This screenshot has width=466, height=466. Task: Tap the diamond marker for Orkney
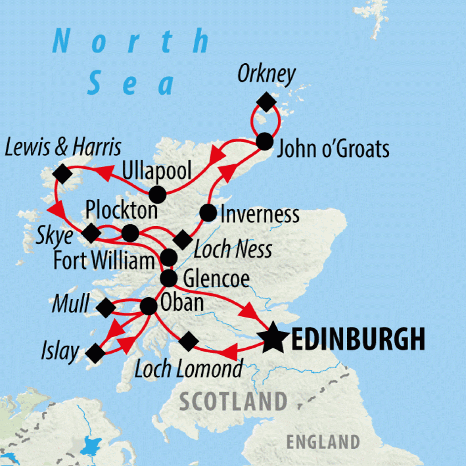266,101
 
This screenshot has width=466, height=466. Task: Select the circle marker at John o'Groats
264,142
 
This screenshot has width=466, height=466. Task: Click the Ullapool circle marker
157,194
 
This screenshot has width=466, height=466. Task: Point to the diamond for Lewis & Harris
63,173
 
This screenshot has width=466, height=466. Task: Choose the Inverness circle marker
208,213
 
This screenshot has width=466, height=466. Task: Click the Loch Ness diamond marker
182,239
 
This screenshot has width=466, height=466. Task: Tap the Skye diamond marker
91,233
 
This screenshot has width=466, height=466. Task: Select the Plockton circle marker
130,233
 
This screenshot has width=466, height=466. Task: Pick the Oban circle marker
148,306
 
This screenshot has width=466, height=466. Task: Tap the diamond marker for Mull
106,308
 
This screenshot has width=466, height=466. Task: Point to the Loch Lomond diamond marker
188,341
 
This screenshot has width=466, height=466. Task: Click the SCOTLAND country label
233,402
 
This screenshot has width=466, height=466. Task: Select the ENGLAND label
323,441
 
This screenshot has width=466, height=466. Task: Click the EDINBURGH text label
358,339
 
